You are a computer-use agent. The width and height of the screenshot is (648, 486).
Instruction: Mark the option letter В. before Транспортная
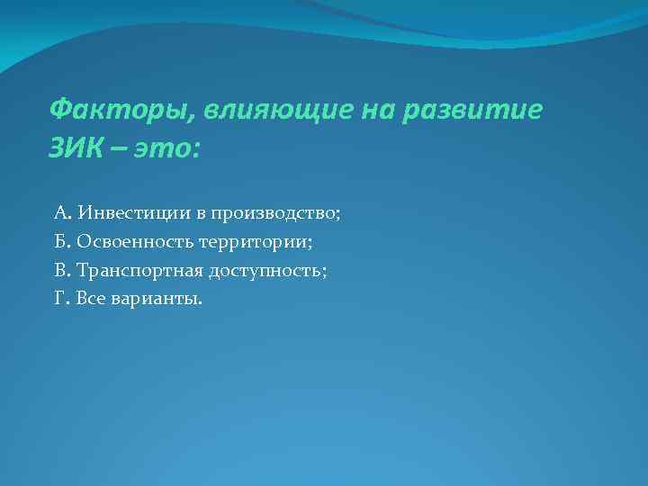[62, 269]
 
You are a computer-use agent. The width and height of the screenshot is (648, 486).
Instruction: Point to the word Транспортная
[140, 269]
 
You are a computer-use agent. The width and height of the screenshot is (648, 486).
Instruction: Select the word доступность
[271, 269]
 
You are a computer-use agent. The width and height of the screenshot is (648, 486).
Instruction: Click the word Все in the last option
[91, 297]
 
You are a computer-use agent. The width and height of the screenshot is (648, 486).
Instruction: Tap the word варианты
[157, 298]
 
